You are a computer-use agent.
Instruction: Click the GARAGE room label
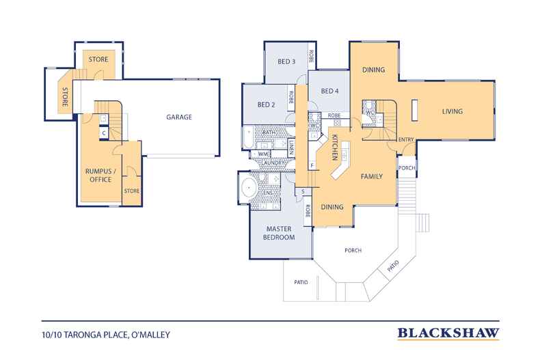tap(179, 117)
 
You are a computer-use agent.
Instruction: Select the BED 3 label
tap(286, 61)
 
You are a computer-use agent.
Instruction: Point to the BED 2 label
tap(266, 105)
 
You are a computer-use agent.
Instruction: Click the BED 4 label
tap(329, 91)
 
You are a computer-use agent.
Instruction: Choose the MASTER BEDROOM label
tap(279, 233)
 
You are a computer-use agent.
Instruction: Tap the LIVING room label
tap(453, 111)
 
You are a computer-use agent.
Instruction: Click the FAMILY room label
tap(372, 176)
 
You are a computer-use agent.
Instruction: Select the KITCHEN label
tap(334, 148)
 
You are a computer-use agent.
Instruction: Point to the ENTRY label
tap(406, 139)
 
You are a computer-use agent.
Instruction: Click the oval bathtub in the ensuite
tap(249, 188)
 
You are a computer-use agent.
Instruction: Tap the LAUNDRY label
tap(273, 163)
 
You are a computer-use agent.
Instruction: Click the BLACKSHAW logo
tap(448, 333)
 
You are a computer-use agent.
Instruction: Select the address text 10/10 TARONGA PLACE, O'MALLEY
tap(106, 335)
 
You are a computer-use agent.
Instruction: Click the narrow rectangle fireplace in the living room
tap(415, 110)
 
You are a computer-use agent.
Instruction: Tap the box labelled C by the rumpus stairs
tap(104, 133)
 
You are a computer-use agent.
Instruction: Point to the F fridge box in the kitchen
tap(312, 165)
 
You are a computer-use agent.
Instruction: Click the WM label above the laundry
tap(263, 154)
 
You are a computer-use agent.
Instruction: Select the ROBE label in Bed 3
tap(311, 56)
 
